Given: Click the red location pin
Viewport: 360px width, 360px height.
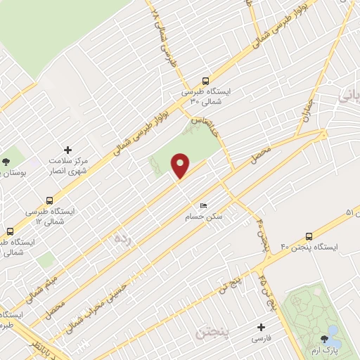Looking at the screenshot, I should pos(181,166).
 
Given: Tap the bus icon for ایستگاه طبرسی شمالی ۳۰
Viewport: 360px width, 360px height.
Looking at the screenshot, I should pos(205,80).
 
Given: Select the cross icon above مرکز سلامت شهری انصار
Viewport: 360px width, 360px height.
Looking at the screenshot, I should pos(67,150).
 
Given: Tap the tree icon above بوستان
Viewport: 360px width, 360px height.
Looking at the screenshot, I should pos(6,161).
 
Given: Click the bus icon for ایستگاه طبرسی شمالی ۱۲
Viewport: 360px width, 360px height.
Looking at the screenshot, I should pos(49,200).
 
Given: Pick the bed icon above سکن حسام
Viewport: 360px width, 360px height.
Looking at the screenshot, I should pos(203,205).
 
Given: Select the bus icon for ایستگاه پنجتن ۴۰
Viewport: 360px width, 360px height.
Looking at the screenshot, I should pos(309,236).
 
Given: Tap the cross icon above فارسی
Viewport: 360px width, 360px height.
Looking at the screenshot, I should pos(262,327).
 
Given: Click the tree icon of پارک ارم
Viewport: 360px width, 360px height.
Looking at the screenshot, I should pos(325,339).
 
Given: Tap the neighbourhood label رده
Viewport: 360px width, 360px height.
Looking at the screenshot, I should pos(122,238).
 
